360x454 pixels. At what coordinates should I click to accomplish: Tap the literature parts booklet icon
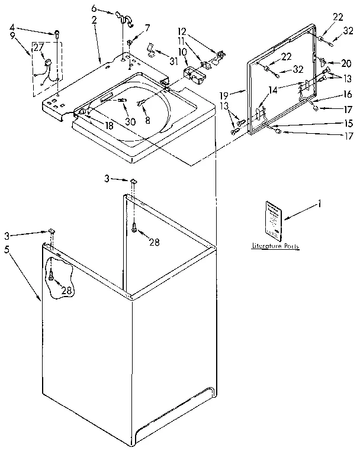(274, 220)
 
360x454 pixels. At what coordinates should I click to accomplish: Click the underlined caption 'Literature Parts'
(276, 246)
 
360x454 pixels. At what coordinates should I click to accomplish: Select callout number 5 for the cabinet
(7, 250)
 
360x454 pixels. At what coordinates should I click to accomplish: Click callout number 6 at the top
(94, 9)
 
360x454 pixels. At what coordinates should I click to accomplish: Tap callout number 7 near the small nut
(147, 27)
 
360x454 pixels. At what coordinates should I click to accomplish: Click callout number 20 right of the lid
(347, 63)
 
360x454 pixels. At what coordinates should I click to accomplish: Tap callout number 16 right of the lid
(347, 94)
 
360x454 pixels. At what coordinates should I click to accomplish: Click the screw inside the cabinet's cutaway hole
(52, 275)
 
